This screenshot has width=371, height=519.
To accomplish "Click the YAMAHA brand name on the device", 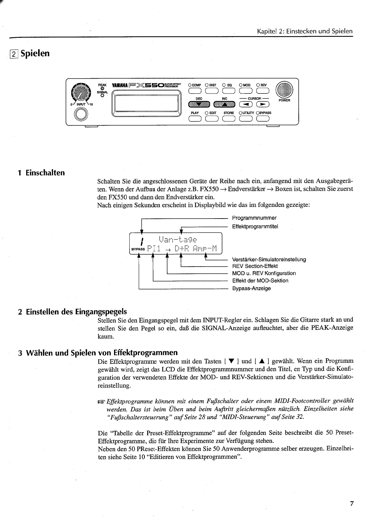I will [x=121, y=85].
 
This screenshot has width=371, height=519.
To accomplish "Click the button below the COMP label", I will [x=195, y=91].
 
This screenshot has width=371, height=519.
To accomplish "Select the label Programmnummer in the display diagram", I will [x=254, y=218].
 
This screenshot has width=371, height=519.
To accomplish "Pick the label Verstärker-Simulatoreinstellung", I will [x=269, y=259].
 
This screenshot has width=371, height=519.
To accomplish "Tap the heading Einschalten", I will [x=45, y=173].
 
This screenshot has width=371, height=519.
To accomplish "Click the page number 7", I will [x=352, y=503].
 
